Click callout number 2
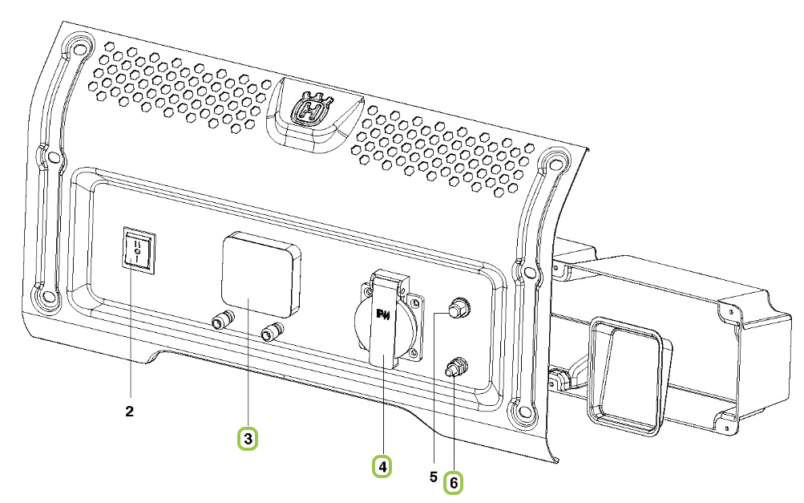[129, 411]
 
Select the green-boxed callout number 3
[248, 439]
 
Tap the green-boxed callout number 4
[382, 467]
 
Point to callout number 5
[434, 477]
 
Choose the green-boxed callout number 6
[454, 483]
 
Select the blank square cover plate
[261, 274]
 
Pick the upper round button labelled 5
[458, 308]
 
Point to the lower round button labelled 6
[455, 367]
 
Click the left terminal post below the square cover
[223, 321]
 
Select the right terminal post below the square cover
[272, 331]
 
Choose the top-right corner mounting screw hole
[553, 164]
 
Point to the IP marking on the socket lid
[383, 314]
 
